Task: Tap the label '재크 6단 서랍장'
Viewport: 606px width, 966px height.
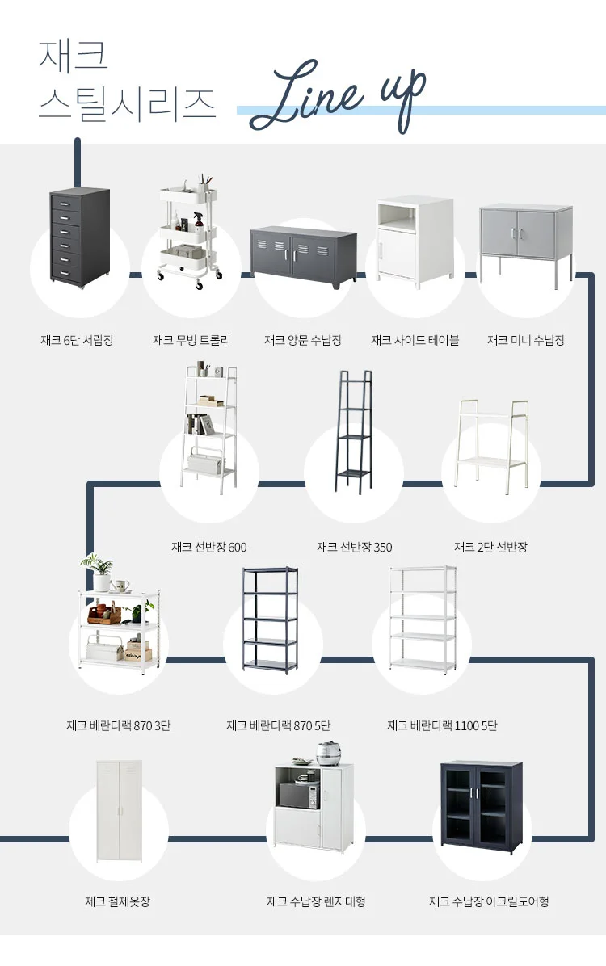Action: [78, 340]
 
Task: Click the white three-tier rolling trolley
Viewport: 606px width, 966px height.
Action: [191, 233]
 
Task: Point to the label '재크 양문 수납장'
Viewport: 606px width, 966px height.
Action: [303, 340]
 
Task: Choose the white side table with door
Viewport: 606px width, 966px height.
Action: [415, 239]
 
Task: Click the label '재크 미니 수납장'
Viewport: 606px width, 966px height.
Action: [526, 340]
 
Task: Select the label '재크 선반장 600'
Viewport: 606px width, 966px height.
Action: [209, 547]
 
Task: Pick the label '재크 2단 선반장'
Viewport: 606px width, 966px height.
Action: [490, 547]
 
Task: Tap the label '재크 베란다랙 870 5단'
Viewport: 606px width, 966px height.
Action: [279, 725]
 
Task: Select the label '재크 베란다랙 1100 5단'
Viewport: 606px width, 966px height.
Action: [442, 725]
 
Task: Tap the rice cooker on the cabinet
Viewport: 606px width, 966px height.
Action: [328, 753]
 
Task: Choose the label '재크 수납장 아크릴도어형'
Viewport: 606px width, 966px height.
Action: [489, 901]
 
